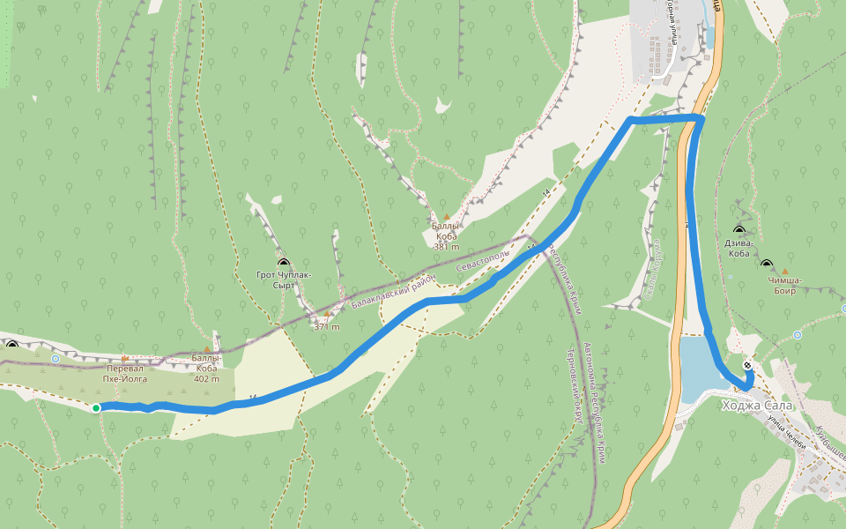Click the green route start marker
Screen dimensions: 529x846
point(96,407)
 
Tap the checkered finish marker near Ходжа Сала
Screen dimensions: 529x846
point(747,365)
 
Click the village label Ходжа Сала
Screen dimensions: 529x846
point(757,406)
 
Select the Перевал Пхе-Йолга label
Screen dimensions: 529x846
point(123,373)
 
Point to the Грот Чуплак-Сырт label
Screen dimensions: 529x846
point(284,279)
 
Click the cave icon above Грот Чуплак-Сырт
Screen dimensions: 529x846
point(284,263)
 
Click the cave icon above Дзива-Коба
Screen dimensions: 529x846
point(738,231)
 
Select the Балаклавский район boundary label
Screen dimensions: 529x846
point(395,291)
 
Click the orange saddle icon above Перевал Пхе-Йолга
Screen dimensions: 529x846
point(124,358)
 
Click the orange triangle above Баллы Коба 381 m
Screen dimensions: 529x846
point(447,217)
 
